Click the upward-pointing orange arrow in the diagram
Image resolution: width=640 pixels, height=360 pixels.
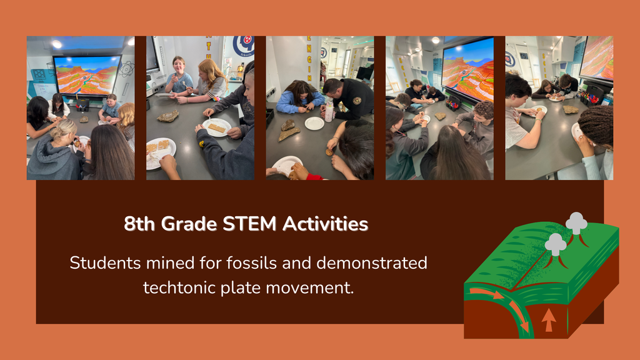pos(548,320)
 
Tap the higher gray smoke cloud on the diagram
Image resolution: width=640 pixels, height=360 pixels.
pos(576,222)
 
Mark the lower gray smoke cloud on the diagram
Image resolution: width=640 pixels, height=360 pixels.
pos(555,244)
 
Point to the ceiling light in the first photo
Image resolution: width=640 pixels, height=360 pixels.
pos(57,44)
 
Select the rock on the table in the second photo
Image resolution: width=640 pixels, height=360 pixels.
pos(167,116)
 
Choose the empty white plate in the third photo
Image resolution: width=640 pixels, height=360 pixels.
pos(314,123)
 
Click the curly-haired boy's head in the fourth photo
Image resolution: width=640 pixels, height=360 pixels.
pos(481,111)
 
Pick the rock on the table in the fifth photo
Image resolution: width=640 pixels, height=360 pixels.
pos(571,109)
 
